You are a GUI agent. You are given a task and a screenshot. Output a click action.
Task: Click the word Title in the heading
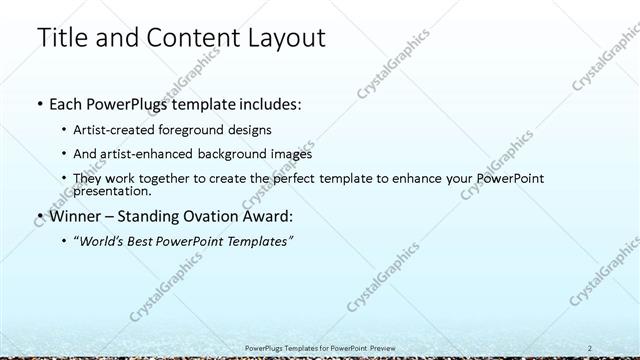tap(60, 38)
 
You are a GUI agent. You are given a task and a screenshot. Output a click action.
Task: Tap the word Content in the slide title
tap(189, 38)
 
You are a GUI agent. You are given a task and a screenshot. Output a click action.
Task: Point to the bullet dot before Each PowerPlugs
tap(39, 104)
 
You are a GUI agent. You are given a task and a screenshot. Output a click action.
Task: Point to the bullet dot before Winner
tap(39, 215)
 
